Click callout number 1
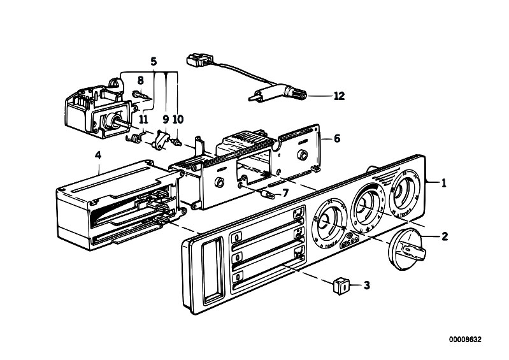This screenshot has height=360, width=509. point(444,183)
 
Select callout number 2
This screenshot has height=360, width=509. point(444,236)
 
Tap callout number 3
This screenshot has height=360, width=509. point(366,285)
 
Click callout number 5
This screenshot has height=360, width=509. point(153,62)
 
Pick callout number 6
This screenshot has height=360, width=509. point(337,138)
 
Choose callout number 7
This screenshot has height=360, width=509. point(286,192)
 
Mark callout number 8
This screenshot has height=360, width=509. point(141,80)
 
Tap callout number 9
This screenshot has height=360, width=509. point(165,119)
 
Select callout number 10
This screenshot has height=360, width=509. point(178,119)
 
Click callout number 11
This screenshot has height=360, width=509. point(144,119)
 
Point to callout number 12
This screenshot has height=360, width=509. point(338,96)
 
